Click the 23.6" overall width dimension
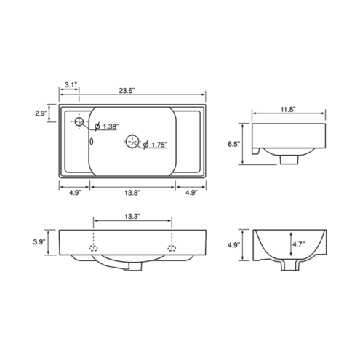pyautogui.click(x=127, y=91)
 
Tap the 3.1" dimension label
pyautogui.click(x=71, y=84)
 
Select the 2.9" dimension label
pyautogui.click(x=41, y=113)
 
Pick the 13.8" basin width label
pyautogui.click(x=132, y=193)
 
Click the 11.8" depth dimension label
pyautogui.click(x=289, y=109)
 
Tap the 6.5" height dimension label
pyautogui.click(x=233, y=144)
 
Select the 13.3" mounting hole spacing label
pyautogui.click(x=133, y=216)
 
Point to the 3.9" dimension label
pyautogui.click(x=39, y=242)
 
